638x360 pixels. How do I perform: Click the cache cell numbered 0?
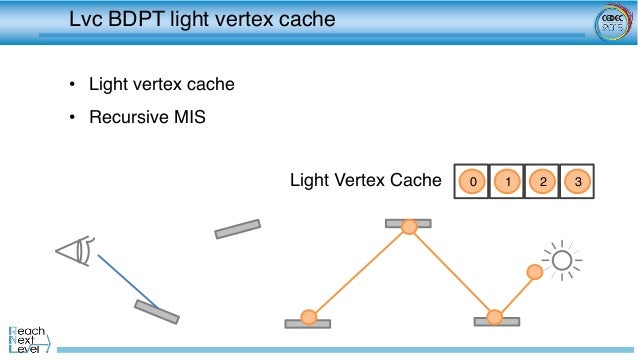[472, 182]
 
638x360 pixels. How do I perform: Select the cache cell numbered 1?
[507, 182]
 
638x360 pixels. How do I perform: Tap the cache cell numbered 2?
[541, 182]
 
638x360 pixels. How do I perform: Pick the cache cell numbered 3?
[575, 182]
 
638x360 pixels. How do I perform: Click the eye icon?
[75, 250]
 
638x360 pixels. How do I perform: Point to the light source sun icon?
[562, 261]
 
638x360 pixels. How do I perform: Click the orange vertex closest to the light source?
[535, 271]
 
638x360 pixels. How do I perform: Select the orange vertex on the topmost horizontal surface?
[408, 227]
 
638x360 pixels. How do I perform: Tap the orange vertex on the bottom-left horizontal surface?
[309, 318]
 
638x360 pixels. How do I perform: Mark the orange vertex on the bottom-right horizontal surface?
[494, 318]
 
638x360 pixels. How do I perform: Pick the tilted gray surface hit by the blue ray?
[157, 311]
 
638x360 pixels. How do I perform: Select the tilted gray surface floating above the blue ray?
[237, 229]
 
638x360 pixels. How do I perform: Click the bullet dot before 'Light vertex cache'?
[71, 85]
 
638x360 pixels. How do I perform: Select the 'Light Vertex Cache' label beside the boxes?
[365, 181]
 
